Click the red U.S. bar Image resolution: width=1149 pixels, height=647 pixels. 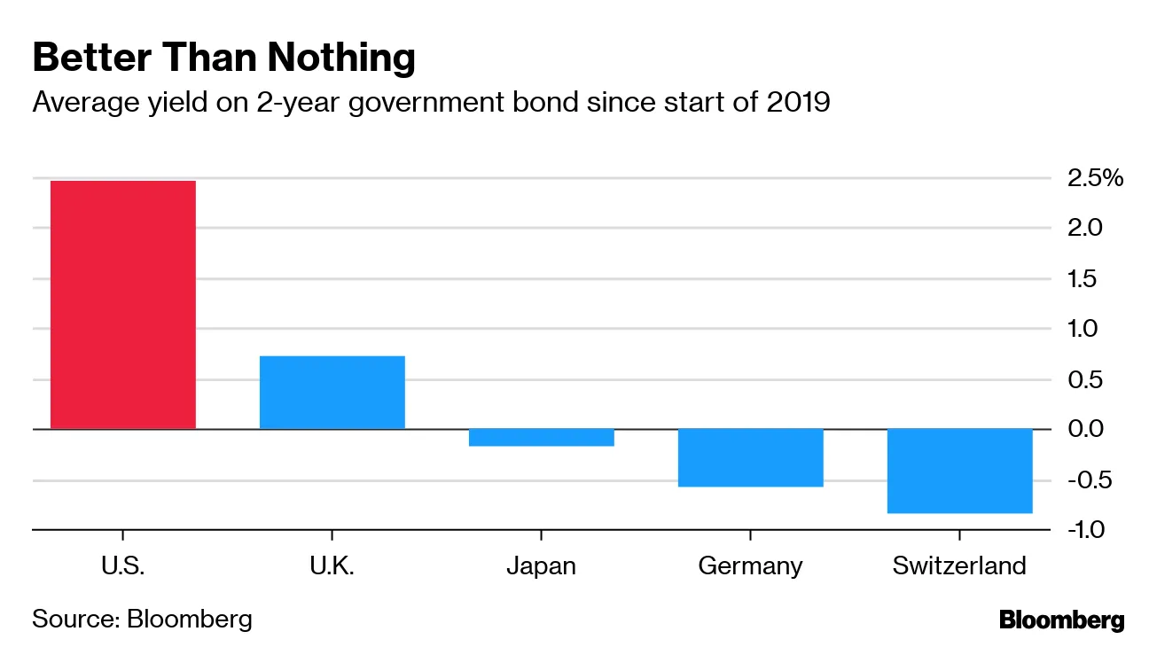[x=122, y=305]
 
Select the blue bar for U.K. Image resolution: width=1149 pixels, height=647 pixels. [x=332, y=393]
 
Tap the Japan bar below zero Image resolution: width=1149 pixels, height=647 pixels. [x=541, y=437]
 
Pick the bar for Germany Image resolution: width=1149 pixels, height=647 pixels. [x=750, y=457]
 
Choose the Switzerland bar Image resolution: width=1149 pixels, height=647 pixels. [x=959, y=471]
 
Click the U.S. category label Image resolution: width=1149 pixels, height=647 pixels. [x=122, y=566]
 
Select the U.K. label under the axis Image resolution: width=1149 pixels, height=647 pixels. [x=332, y=566]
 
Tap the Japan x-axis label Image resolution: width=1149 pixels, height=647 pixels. [x=541, y=566]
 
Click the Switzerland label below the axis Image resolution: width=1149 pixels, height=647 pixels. [x=959, y=566]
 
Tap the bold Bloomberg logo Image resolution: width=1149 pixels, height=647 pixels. [x=1061, y=620]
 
